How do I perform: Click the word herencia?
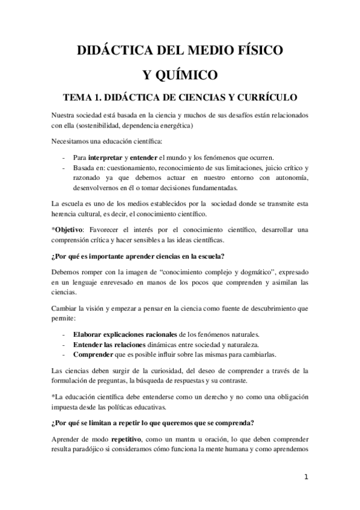pos(65,214)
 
